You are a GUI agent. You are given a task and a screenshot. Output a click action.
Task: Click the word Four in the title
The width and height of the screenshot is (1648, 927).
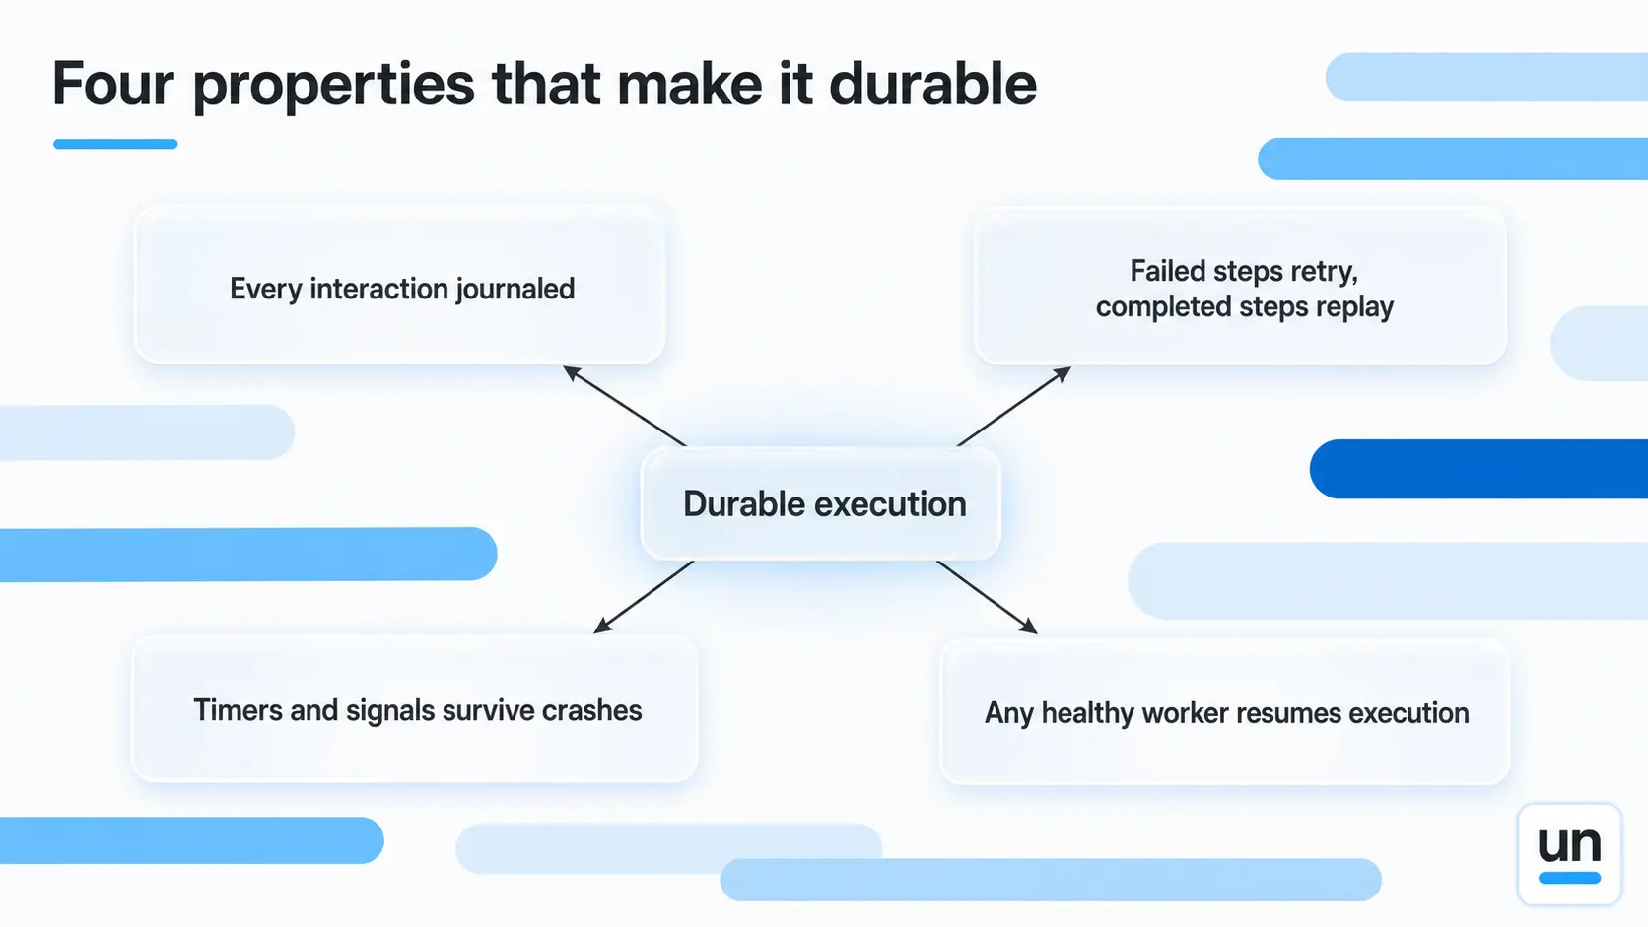click(x=112, y=84)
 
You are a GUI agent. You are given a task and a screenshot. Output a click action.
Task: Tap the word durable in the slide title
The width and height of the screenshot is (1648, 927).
click(x=932, y=84)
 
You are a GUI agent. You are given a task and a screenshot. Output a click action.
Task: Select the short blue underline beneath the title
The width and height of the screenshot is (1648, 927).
click(x=115, y=144)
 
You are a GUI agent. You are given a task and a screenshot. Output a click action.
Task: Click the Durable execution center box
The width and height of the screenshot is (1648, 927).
click(x=820, y=503)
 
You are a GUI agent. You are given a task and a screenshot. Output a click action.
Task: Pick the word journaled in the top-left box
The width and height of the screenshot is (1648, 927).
click(x=515, y=289)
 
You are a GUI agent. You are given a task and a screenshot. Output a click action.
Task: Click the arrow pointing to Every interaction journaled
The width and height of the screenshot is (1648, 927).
click(x=625, y=406)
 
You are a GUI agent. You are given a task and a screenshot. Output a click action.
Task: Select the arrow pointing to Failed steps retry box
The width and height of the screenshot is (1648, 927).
click(x=1014, y=406)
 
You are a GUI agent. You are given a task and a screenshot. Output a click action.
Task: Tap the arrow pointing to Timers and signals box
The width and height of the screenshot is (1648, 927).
click(x=644, y=597)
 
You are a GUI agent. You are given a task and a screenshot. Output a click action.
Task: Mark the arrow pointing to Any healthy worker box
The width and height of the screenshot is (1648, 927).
click(x=987, y=597)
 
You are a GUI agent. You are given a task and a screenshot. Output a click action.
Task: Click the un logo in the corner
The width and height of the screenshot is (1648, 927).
click(x=1569, y=853)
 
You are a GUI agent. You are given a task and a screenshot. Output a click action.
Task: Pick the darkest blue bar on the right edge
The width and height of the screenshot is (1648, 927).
click(x=1478, y=469)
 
